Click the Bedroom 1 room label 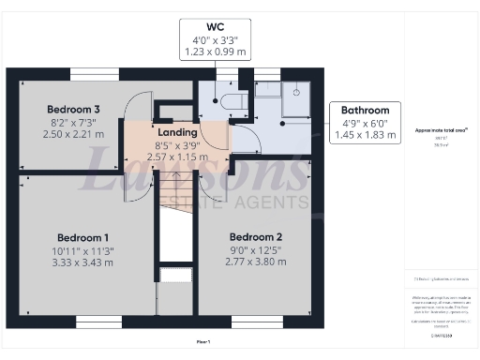[83, 236]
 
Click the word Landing [176, 133]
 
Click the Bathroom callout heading [366, 110]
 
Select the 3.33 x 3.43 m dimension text [83, 262]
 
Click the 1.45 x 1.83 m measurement [366, 136]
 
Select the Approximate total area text [441, 130]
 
